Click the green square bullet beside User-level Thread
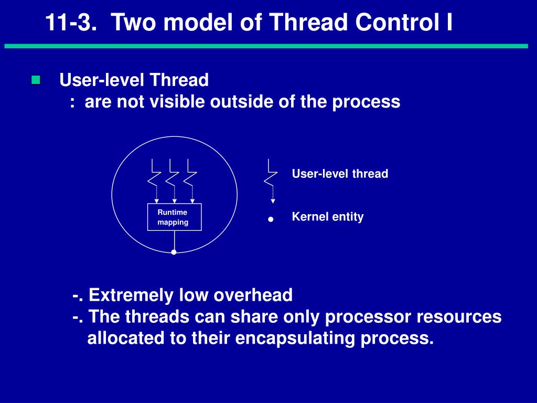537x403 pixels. coord(36,80)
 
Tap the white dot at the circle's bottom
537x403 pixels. coord(174,252)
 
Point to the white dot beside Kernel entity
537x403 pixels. coord(271,219)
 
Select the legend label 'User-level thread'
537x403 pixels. coord(340,174)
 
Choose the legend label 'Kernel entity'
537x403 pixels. coord(327,217)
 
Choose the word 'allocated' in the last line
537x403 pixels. coord(126,338)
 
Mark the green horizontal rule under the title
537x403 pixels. coord(266,46)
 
